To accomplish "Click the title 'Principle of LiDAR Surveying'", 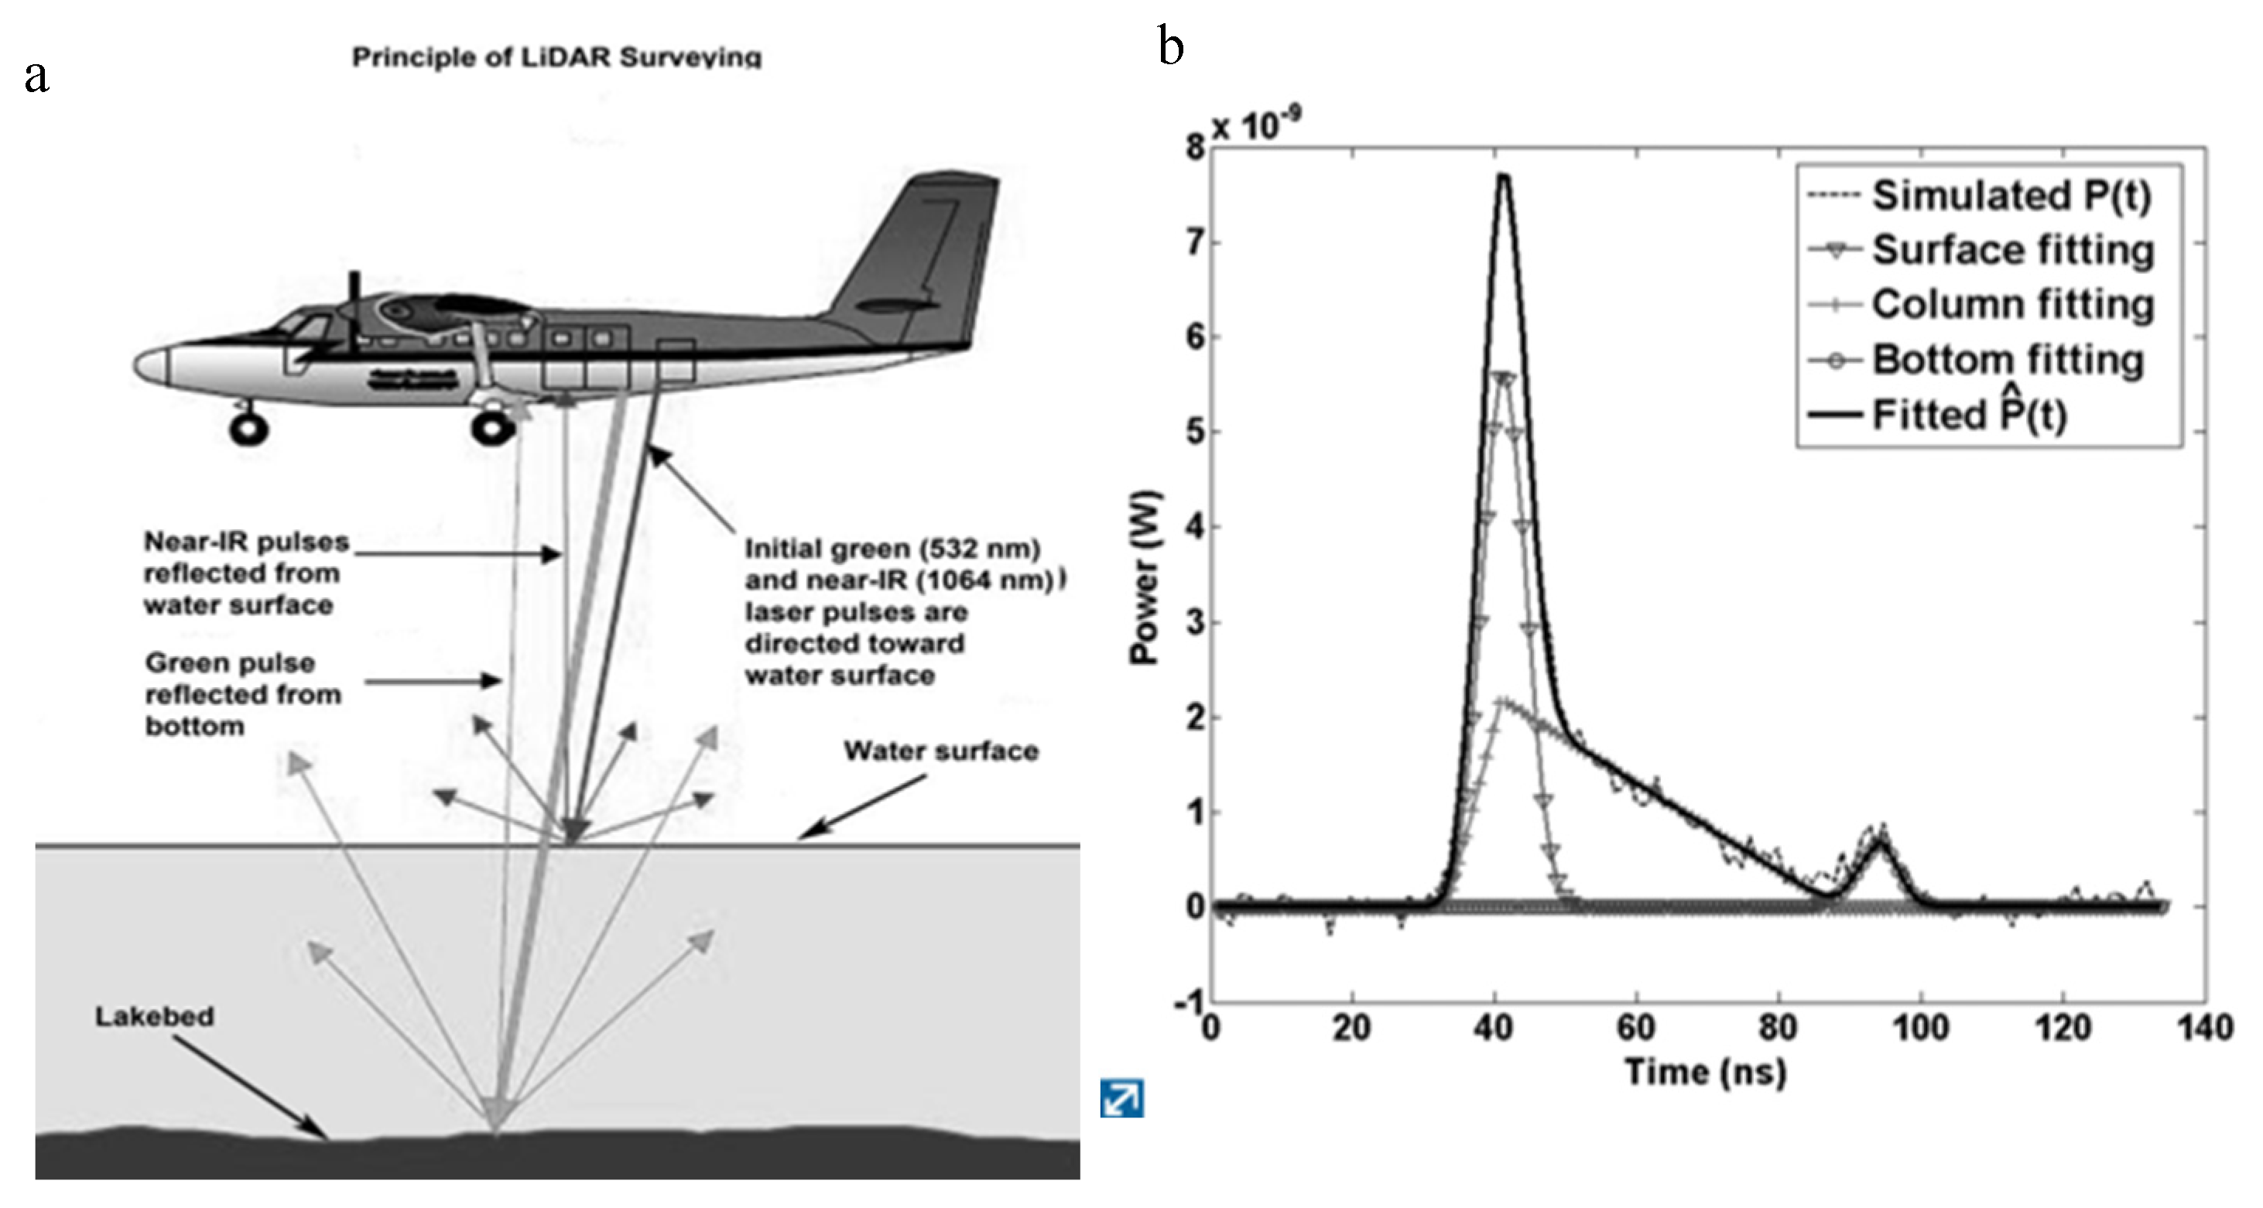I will pyautogui.click(x=557, y=57).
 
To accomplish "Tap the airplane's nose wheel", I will pyautogui.click(x=248, y=429).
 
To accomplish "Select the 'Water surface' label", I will pyautogui.click(x=941, y=751).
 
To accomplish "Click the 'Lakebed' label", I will pyautogui.click(x=155, y=1017).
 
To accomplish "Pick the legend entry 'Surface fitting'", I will pyautogui.click(x=2011, y=251).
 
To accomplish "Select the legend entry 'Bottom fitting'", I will pyautogui.click(x=2008, y=360).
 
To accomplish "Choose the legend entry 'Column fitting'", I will pyautogui.click(x=2011, y=305).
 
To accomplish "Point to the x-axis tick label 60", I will pyautogui.click(x=1636, y=1028).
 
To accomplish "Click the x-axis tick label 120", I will pyautogui.click(x=2063, y=1028).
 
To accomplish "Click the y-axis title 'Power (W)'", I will pyautogui.click(x=1145, y=577).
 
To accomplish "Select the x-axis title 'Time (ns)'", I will pyautogui.click(x=1705, y=1072).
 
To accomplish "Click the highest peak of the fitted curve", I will pyautogui.click(x=1503, y=176).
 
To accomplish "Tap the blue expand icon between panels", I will pyautogui.click(x=1122, y=1098).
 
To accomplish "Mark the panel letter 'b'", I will pyautogui.click(x=1171, y=46).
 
